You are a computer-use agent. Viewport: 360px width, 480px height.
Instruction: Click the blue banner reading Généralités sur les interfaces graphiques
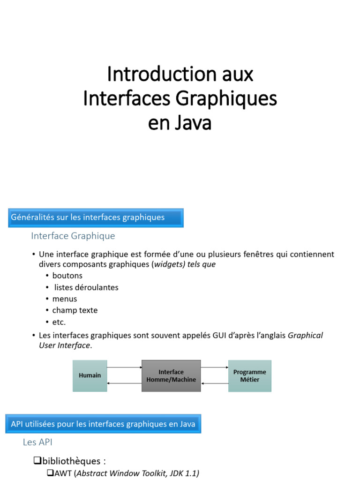coord(96,217)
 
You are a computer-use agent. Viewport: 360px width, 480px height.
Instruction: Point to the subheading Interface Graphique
coord(73,236)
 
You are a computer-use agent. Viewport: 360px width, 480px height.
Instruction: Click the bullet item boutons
coord(67,276)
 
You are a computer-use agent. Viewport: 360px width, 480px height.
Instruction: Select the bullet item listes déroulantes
coord(86,287)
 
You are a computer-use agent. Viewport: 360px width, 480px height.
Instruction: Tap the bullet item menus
coord(65,299)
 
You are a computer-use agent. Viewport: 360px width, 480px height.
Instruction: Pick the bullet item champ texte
coord(75,310)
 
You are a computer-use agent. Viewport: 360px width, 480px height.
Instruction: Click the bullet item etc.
coord(59,322)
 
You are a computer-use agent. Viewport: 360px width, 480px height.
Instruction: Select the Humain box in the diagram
coord(90,375)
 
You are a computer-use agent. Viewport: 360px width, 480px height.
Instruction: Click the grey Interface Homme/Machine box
coord(171,375)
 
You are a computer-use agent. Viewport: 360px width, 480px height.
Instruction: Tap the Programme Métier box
coord(249,375)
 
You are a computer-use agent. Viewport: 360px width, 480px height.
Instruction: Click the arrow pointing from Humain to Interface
coord(124,367)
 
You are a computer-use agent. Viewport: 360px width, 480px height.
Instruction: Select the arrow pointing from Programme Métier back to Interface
coord(215,383)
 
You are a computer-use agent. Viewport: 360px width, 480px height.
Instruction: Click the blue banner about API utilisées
coord(103,424)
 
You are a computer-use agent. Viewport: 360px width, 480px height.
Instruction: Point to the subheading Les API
coord(37,442)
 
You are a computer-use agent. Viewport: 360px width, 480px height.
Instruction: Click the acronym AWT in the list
coord(63,473)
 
